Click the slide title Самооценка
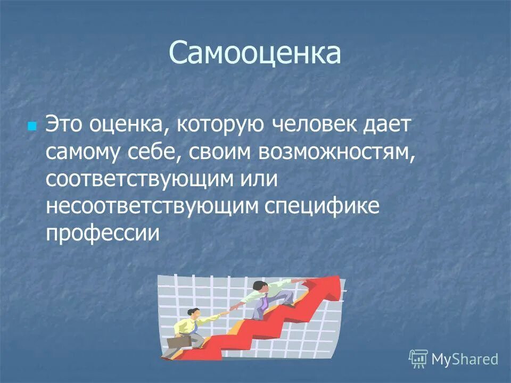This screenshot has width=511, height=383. (x=255, y=53)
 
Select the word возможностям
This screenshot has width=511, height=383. (x=336, y=153)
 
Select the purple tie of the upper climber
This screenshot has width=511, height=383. (x=265, y=304)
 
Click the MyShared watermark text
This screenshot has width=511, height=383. (x=464, y=359)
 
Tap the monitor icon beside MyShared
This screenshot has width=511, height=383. (x=418, y=359)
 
